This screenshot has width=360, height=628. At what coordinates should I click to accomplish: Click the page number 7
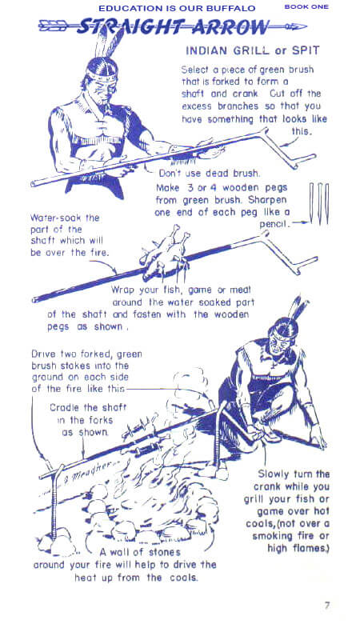(327, 605)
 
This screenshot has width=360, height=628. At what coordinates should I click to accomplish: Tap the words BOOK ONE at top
(306, 7)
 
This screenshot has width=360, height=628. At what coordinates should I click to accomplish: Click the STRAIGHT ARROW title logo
(172, 27)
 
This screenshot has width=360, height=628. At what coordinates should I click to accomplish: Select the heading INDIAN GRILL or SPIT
(253, 51)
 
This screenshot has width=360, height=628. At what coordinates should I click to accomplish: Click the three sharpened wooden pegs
(319, 203)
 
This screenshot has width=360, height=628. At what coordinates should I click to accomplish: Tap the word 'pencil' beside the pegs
(274, 224)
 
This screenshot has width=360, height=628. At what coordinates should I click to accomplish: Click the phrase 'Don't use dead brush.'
(210, 174)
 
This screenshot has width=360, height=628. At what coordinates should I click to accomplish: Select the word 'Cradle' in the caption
(64, 408)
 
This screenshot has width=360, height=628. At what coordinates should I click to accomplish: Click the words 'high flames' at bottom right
(298, 548)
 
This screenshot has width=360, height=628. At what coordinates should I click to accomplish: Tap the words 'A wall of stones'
(140, 552)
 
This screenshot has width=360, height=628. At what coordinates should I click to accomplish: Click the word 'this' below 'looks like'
(300, 131)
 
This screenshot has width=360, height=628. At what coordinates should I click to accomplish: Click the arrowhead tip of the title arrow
(306, 27)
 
